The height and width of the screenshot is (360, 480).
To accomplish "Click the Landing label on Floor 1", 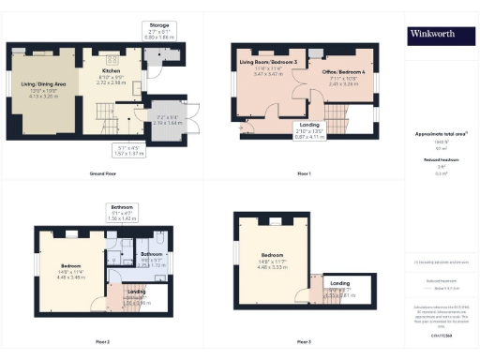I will pyautogui.click(x=308, y=125).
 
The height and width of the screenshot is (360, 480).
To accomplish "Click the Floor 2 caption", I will pyautogui.click(x=102, y=341).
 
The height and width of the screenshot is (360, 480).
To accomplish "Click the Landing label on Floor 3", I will pyautogui.click(x=340, y=283).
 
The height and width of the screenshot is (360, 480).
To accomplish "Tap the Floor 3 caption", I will pyautogui.click(x=303, y=341).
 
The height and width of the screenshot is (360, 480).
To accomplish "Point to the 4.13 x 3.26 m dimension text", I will pyautogui.click(x=42, y=96).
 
